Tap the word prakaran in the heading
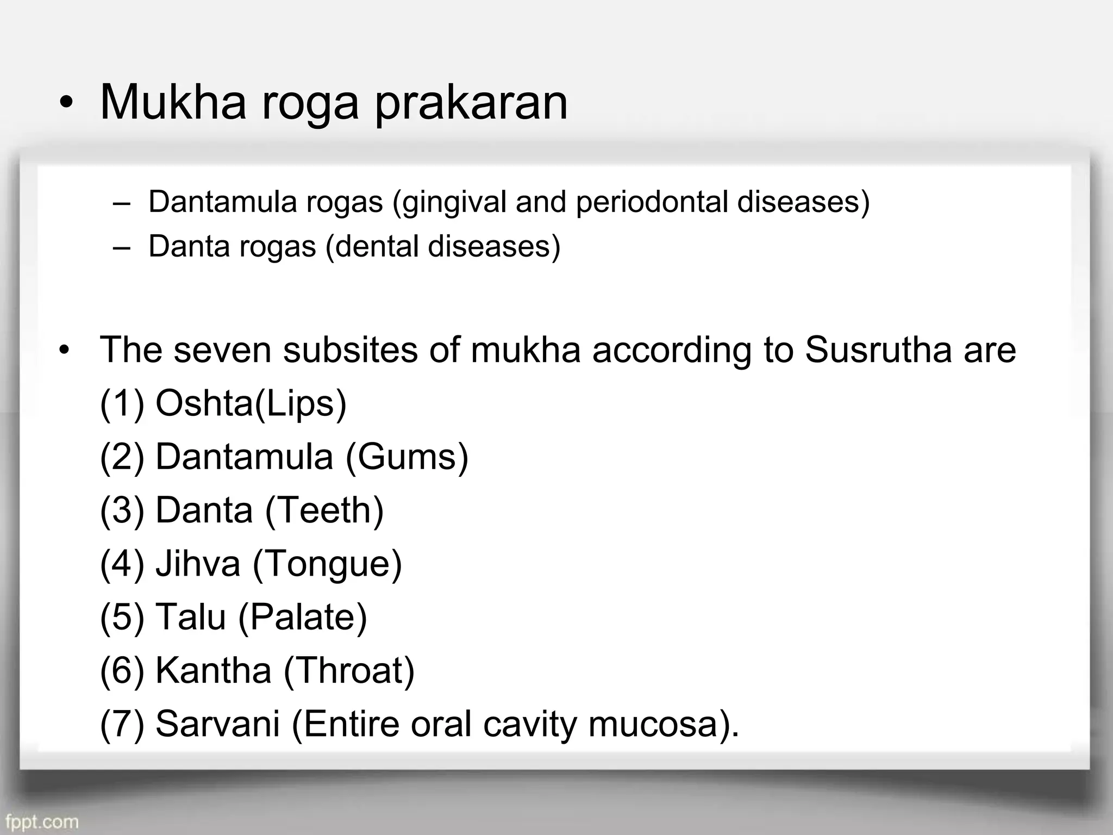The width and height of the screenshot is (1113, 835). tap(471, 104)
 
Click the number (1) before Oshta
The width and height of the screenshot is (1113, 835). tap(122, 404)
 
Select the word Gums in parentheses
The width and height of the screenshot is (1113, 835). tap(407, 457)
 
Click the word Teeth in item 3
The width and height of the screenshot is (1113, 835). tap(324, 510)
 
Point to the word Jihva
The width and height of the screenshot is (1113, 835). tap(198, 564)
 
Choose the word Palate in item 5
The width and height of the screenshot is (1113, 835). tap(303, 618)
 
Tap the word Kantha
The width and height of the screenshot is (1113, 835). tap(213, 670)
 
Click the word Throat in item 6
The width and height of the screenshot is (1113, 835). tap(349, 670)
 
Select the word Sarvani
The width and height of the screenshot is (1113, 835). tap(217, 724)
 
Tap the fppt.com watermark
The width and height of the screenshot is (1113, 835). tap(42, 821)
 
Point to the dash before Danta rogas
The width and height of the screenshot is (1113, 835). tap(122, 247)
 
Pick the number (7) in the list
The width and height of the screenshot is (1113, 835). tap(122, 724)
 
